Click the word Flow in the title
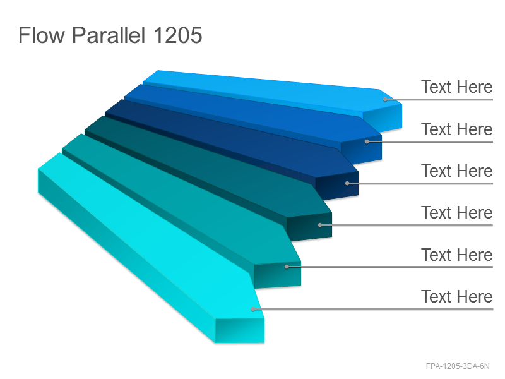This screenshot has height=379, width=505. tap(42, 35)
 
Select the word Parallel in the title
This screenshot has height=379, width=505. tap(108, 35)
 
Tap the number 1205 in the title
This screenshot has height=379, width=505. tap(177, 35)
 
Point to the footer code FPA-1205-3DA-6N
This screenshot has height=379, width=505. tap(457, 366)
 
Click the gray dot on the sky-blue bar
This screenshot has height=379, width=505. tap(385, 99)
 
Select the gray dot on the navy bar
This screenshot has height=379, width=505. tap(347, 183)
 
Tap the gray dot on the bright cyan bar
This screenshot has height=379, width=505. tap(253, 310)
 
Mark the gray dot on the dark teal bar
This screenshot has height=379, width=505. tap(320, 225)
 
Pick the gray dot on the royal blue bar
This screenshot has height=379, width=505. tap(367, 141)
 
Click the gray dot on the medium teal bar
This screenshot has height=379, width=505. tap(287, 267)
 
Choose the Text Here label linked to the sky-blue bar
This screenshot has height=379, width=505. tap(456, 87)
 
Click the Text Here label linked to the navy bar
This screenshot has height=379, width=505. tap(456, 171)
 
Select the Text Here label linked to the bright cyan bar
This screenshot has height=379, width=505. tap(456, 296)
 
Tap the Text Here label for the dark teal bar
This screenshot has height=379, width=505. tap(456, 213)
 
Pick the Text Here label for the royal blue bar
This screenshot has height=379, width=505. tap(456, 129)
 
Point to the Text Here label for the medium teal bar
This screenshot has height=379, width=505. tap(456, 255)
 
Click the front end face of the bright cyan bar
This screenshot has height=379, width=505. tap(240, 330)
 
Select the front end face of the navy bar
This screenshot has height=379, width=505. tap(337, 185)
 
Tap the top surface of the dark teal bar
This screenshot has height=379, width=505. tap(206, 167)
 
